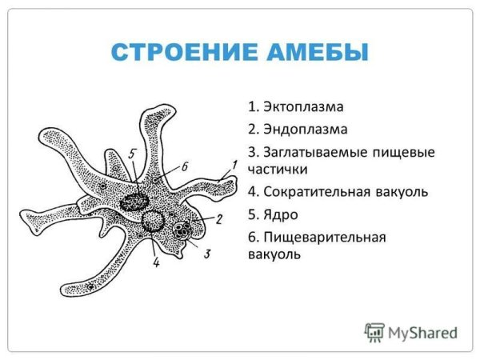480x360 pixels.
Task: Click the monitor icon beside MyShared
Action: (374, 331)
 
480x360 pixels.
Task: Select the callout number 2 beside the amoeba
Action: (218, 217)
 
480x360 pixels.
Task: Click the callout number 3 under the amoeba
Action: (207, 254)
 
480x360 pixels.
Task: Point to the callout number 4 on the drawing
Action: (155, 261)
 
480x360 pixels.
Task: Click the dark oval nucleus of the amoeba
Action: (130, 202)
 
